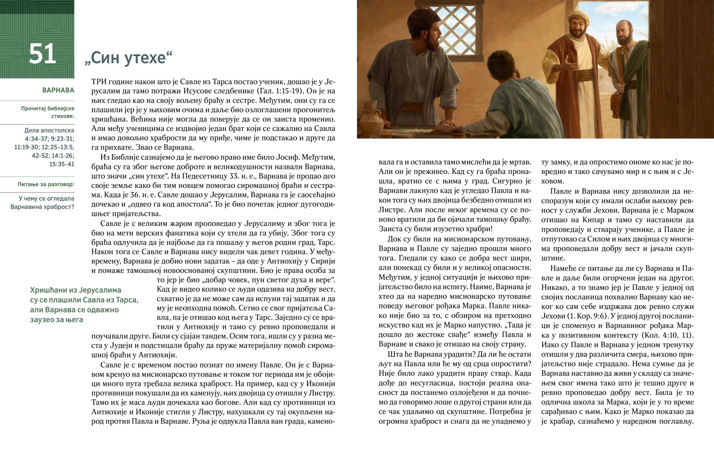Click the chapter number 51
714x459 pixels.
pos(42,54)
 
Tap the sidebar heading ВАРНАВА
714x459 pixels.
pos(58,90)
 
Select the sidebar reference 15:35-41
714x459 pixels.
pos(62,164)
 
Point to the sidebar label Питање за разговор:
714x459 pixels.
pos(46,184)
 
